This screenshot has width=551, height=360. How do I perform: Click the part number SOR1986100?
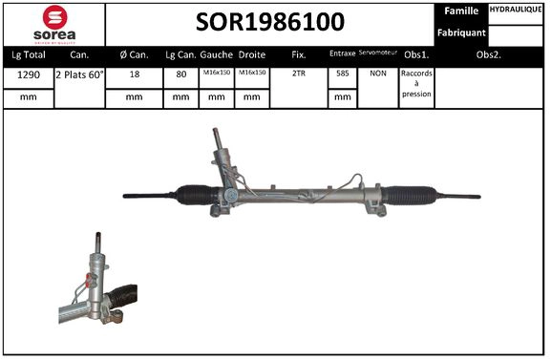pyautogui.click(x=271, y=21)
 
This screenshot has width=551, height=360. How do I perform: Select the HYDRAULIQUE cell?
pyautogui.click(x=517, y=11)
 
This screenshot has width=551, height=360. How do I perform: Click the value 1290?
pyautogui.click(x=27, y=74)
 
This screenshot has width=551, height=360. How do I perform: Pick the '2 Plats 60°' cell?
pyautogui.click(x=80, y=74)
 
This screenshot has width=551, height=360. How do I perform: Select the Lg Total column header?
pyautogui.click(x=27, y=54)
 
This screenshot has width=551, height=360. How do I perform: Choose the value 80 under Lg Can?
pyautogui.click(x=181, y=74)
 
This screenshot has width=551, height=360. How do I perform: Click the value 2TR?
pyautogui.click(x=299, y=74)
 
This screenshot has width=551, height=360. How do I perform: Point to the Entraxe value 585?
pyautogui.click(x=342, y=74)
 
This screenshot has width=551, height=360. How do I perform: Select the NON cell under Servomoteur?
pyautogui.click(x=377, y=74)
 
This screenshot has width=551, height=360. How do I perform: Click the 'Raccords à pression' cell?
pyautogui.click(x=416, y=84)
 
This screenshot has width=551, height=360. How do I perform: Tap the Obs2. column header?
pyautogui.click(x=489, y=54)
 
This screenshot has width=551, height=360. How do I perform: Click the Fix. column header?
pyautogui.click(x=299, y=54)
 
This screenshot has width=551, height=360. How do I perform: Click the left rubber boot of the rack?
pyautogui.click(x=195, y=195)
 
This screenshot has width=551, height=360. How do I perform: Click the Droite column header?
pyautogui.click(x=252, y=54)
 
